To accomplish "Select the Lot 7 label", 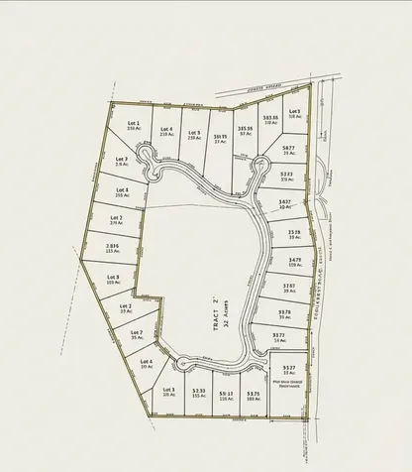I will tap(137, 332).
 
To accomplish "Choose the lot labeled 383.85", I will tap(270, 116).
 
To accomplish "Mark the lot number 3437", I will tap(284, 202).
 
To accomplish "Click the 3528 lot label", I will tap(294, 233).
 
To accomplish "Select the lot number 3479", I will tap(293, 260).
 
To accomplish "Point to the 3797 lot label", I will tap(288, 286).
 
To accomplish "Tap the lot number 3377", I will tap(279, 336).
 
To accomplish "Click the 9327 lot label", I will tap(289, 367).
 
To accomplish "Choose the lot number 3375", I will tap(253, 394).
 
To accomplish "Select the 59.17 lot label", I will tap(226, 394).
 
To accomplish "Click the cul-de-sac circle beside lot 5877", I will tap(265, 166).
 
